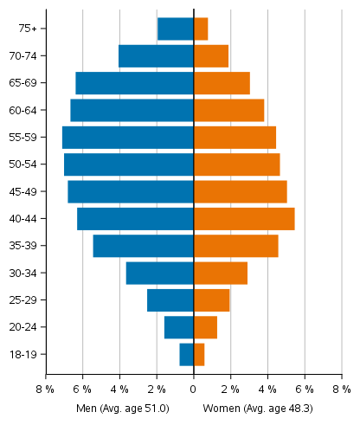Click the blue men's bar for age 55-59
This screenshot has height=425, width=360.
coord(128,138)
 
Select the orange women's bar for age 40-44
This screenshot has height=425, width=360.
coord(244,219)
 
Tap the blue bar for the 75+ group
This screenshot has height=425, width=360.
coord(176,29)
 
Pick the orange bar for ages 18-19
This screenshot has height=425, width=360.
coord(199,355)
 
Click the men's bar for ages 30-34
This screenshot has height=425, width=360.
coord(160,274)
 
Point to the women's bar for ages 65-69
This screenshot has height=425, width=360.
coord(222,83)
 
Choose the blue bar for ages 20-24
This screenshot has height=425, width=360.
coord(179,327)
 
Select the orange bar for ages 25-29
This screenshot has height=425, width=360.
coord(212,300)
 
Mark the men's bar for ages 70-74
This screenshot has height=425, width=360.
coord(156,56)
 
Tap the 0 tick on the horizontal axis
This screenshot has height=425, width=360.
coord(194,390)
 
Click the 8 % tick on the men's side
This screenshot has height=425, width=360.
coord(44,390)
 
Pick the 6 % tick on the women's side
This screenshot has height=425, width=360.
coord(305,390)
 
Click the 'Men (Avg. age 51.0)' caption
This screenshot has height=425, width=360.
coord(122,408)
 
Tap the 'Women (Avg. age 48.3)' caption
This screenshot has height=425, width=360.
coord(258,408)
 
